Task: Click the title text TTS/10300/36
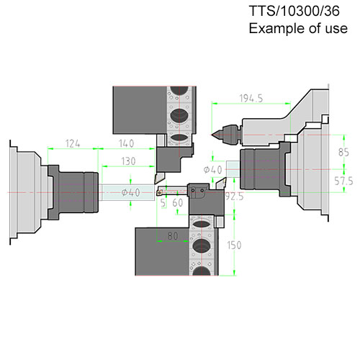294,11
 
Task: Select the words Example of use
298,28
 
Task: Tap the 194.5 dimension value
251,99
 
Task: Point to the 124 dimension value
73,144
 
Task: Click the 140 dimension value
126,143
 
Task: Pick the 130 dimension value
128,161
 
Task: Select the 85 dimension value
343,152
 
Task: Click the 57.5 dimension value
343,181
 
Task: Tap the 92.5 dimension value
234,197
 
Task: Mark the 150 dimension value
234,245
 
